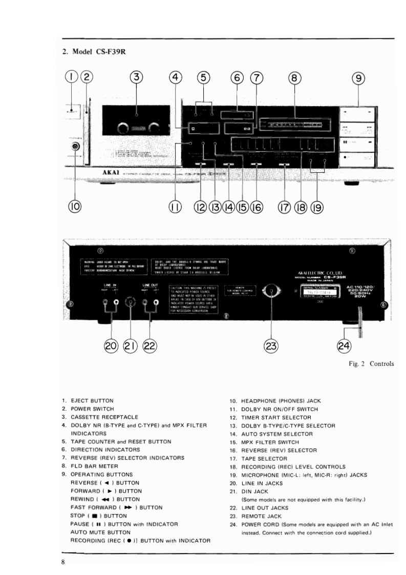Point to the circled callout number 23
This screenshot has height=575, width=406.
pyautogui.click(x=271, y=346)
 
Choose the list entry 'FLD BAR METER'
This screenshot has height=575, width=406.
pyautogui.click(x=93, y=466)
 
